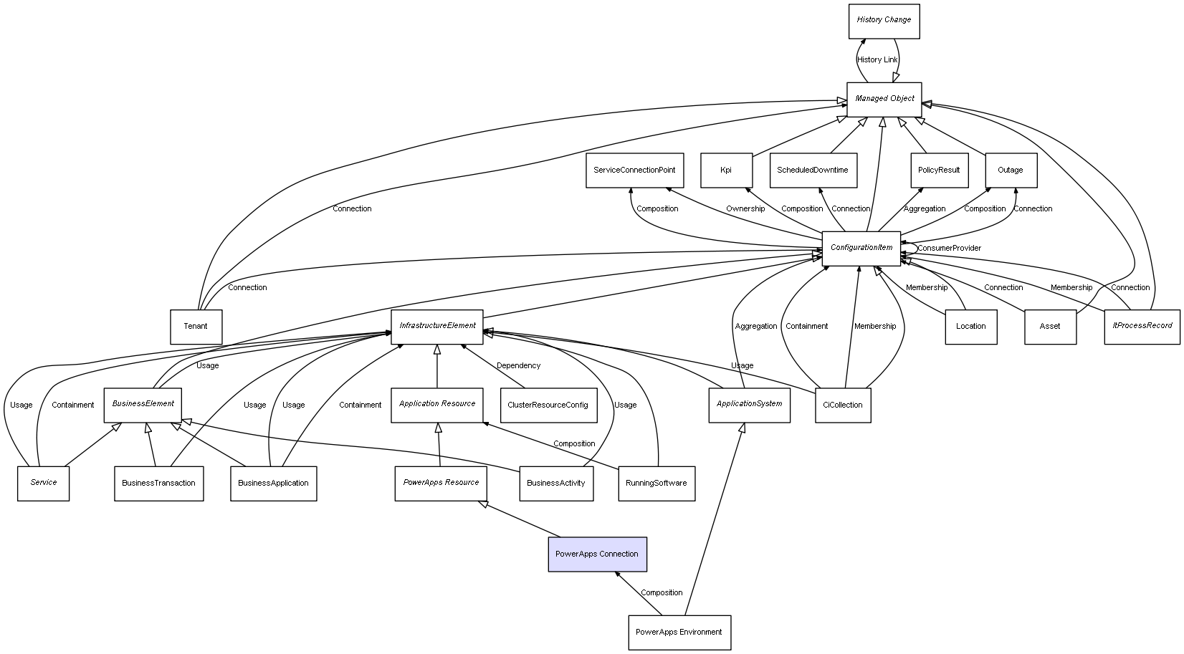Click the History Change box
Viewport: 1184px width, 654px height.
(884, 21)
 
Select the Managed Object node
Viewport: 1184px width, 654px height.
(884, 99)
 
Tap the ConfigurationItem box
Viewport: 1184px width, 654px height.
(861, 248)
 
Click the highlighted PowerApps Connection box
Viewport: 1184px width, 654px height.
(597, 554)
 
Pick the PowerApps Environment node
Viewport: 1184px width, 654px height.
(679, 633)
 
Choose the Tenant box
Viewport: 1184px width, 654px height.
(196, 327)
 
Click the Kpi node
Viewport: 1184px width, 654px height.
(726, 170)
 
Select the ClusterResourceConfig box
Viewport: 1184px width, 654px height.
(548, 405)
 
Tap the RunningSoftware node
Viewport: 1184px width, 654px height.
(657, 484)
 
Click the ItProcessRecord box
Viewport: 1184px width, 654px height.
(1142, 326)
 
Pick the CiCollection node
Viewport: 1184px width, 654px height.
(843, 405)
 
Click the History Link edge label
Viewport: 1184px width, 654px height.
(877, 60)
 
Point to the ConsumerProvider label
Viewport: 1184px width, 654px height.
(949, 249)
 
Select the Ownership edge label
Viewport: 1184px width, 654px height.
(745, 209)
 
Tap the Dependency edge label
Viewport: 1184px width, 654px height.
(519, 366)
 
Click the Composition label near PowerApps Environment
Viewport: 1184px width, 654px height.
(662, 593)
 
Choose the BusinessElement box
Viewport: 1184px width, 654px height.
(143, 404)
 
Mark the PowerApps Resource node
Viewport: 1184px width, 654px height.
(441, 483)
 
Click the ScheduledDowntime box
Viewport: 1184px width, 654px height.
(813, 170)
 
